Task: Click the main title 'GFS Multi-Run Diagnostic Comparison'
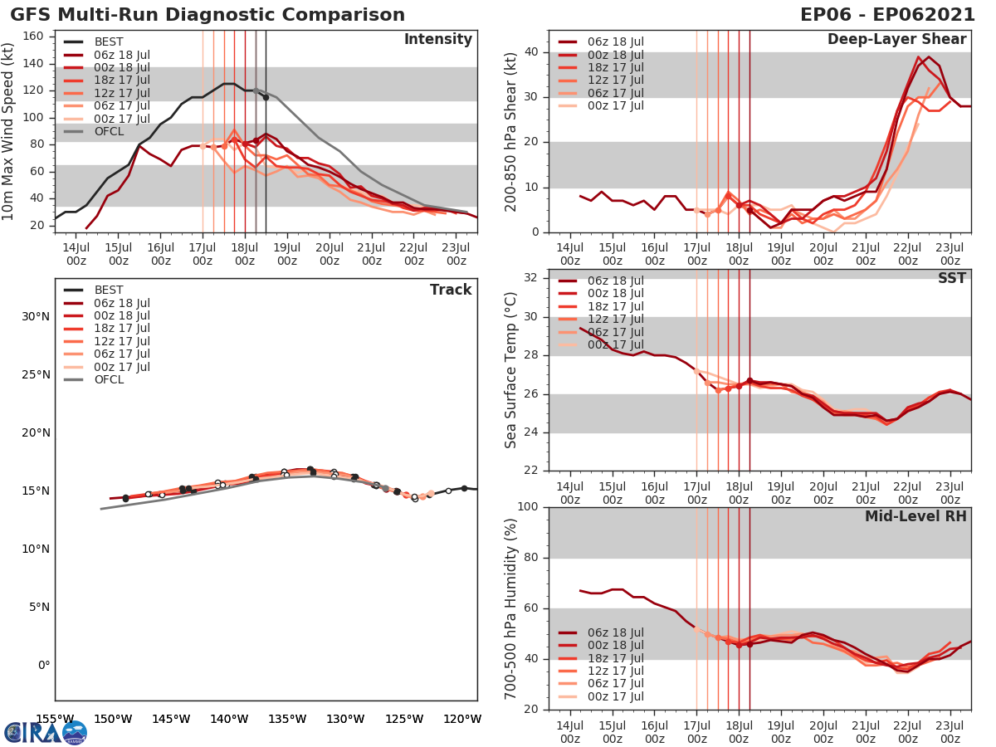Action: pos(207,15)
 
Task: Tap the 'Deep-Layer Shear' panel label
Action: pos(896,40)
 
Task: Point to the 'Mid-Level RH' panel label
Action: pos(915,516)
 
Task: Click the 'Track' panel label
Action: pos(451,290)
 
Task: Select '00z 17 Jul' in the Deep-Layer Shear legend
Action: pos(615,105)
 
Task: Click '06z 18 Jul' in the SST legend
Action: pos(615,281)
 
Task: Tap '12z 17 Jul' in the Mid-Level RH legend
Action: pos(615,671)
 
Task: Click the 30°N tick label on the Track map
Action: pos(36,316)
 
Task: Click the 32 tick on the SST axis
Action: pos(533,278)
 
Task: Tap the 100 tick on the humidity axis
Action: pos(529,507)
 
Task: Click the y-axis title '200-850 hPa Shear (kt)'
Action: pos(511,131)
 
